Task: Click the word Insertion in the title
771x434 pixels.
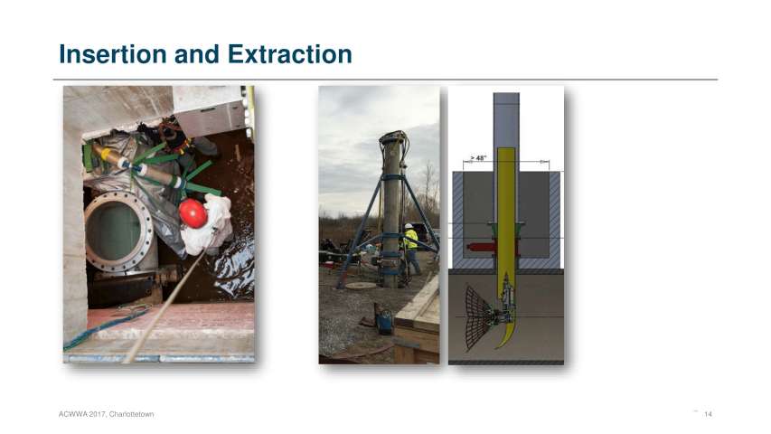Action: [113, 54]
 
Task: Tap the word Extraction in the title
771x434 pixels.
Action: [289, 54]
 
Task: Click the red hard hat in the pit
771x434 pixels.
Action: [193, 213]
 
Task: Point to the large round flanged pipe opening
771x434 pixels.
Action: [119, 231]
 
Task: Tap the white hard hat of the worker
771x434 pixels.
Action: [409, 226]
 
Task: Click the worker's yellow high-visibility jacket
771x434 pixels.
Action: [411, 239]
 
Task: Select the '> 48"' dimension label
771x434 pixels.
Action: [478, 158]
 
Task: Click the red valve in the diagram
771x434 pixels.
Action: [480, 247]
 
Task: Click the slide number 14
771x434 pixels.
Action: [708, 414]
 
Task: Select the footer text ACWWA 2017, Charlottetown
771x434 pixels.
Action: [107, 414]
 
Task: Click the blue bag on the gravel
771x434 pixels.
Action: [384, 322]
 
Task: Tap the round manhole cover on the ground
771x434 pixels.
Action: [360, 286]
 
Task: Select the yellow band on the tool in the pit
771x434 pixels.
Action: [106, 154]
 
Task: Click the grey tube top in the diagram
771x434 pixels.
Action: [506, 97]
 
